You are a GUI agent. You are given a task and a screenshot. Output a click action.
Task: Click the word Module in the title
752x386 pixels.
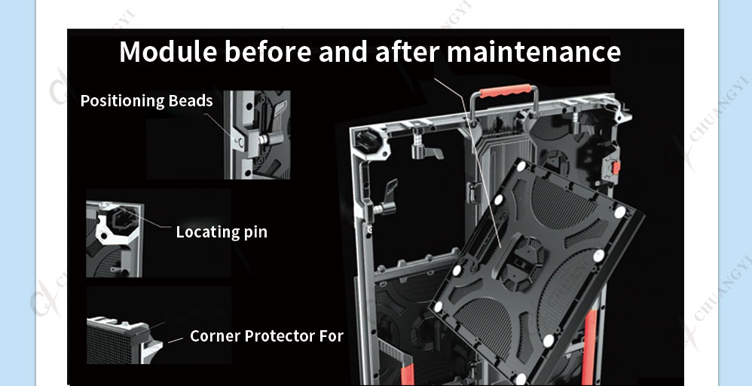tap(168, 51)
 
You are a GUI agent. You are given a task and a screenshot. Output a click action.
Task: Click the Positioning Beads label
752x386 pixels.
tap(146, 101)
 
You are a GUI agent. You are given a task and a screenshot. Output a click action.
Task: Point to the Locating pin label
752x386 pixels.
tap(222, 232)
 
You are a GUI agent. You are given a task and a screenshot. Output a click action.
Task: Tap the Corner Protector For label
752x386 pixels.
tap(267, 335)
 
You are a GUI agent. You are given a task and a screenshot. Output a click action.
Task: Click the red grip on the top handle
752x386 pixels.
tap(506, 90)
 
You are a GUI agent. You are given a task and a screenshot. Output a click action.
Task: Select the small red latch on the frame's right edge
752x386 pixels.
tap(616, 167)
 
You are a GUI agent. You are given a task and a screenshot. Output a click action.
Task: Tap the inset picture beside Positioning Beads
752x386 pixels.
tap(257, 135)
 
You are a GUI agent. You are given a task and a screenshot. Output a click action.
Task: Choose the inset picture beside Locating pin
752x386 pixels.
tap(114, 239)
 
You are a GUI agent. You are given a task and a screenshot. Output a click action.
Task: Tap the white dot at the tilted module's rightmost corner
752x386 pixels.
tap(619, 212)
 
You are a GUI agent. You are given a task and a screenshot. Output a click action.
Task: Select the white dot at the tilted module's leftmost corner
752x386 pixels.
tap(438, 307)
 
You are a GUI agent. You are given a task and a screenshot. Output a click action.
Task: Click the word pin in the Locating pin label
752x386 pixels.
tap(255, 233)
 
